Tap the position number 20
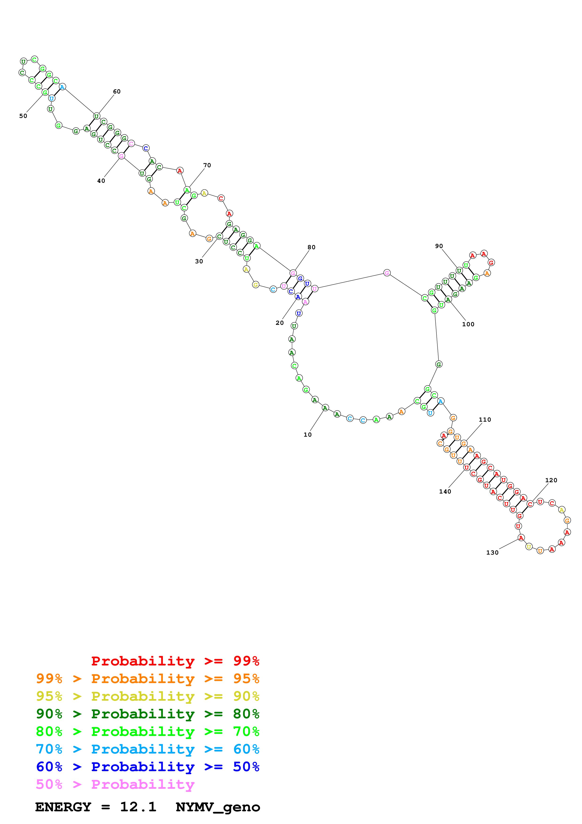point(280,323)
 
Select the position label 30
point(199,261)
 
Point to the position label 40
point(101,181)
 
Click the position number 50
point(23,116)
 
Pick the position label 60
point(117,92)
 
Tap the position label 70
point(207,165)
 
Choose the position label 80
point(312,247)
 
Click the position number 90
point(439,246)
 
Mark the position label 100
point(468,324)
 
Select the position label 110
point(485,420)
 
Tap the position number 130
point(492,553)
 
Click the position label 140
point(445,492)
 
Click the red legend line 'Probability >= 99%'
point(175,661)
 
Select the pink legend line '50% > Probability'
point(115,785)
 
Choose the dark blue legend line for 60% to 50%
point(147,767)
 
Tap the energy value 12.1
point(138,807)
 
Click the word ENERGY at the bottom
point(63,807)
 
